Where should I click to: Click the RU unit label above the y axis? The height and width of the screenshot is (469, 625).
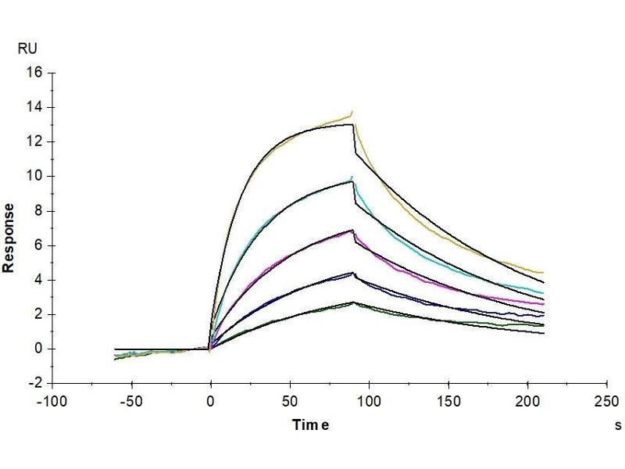click(x=27, y=48)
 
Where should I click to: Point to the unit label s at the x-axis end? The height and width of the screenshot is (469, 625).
click(x=618, y=425)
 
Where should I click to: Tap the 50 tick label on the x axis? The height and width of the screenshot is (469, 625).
click(x=290, y=401)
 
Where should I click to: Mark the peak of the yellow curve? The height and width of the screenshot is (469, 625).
click(x=352, y=112)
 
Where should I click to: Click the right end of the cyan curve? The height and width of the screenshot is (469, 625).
click(x=544, y=292)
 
